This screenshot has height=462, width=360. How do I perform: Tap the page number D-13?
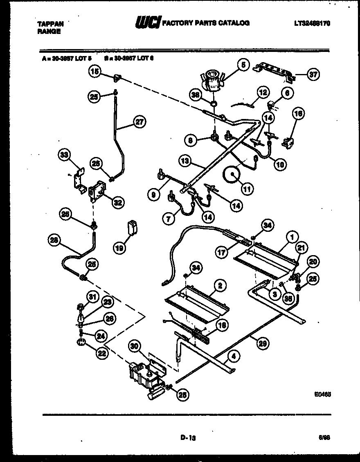click(x=188, y=437)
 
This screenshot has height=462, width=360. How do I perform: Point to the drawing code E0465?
click(x=322, y=395)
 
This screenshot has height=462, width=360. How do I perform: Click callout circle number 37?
click(x=313, y=74)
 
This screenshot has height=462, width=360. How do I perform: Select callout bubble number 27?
click(x=140, y=121)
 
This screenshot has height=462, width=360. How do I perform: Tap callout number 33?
click(x=64, y=155)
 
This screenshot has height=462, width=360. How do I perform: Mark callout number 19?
click(x=119, y=248)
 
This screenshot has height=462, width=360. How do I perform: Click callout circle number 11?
click(x=248, y=189)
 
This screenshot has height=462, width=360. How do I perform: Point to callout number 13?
click(x=185, y=161)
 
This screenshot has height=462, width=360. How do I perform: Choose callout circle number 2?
click(x=220, y=286)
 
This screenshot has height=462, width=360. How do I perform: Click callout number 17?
click(x=222, y=253)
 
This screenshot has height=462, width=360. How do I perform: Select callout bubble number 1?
click(x=292, y=236)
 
